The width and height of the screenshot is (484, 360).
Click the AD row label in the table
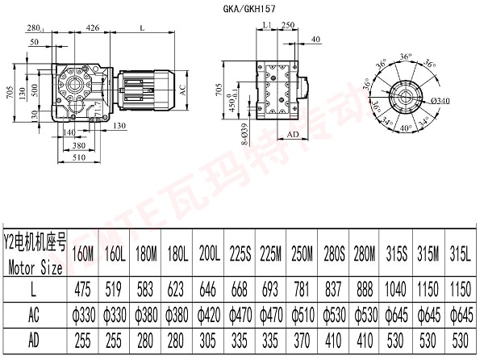click(x=36, y=340)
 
